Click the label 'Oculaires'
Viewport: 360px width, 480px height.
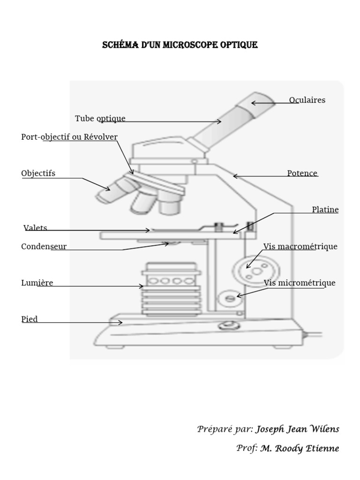click(307, 100)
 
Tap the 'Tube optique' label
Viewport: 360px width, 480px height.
click(100, 118)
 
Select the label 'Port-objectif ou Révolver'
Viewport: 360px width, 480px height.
click(69, 137)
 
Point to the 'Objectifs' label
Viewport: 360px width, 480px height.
click(38, 173)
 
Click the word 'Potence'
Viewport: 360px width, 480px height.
click(302, 173)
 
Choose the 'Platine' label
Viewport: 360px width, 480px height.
click(325, 210)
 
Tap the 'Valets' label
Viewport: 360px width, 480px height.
click(36, 228)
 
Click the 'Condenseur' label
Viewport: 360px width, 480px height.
click(44, 247)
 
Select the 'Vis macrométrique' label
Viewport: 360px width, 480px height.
click(300, 247)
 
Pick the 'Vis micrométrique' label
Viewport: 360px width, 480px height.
click(300, 283)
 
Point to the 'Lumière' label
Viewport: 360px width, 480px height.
click(37, 283)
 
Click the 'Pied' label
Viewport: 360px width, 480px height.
click(30, 319)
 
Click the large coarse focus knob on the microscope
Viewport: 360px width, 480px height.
click(256, 270)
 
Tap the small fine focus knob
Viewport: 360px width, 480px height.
click(229, 298)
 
